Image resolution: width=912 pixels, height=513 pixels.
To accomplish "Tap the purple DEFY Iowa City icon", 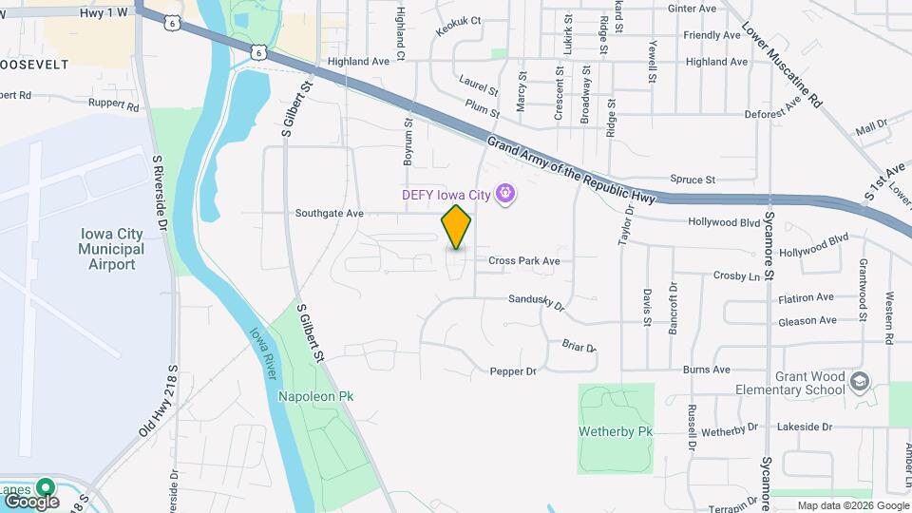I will click(506, 194).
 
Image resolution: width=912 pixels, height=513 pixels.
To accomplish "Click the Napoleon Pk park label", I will click(309, 395).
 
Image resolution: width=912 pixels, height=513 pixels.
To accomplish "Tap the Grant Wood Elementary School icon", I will click(860, 381).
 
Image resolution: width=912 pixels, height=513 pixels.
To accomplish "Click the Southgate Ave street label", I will click(330, 214).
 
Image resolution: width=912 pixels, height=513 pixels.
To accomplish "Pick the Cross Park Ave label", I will click(524, 260).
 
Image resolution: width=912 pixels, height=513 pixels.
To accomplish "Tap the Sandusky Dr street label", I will click(537, 303).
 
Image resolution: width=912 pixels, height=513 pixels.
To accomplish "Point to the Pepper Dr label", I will click(513, 371).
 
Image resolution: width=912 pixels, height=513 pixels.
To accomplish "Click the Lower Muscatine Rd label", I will click(781, 65).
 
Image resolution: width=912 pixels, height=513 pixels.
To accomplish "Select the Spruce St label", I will click(692, 179).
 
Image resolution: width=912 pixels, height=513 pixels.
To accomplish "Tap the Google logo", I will click(31, 501).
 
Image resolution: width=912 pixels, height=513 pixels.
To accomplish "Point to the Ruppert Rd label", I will click(114, 103).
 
